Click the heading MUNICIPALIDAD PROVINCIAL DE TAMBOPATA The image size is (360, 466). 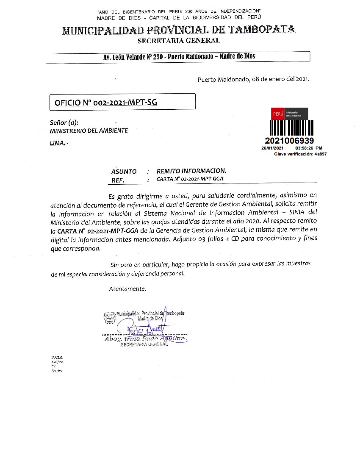[x=179, y=31]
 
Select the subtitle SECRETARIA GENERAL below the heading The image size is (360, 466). [x=179, y=41]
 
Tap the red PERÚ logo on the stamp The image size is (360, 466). [x=278, y=114]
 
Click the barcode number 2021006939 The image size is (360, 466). [x=290, y=141]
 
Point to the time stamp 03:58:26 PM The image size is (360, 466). [x=309, y=148]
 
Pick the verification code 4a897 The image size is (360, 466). [x=320, y=154]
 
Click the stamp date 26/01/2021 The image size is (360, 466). [x=272, y=148]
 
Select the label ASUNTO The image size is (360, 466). [x=124, y=172]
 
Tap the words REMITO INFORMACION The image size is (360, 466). [x=191, y=171]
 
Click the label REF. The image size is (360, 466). [x=117, y=180]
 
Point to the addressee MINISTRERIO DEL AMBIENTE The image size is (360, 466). [x=89, y=131]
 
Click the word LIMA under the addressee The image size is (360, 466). [x=57, y=143]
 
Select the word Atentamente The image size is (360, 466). [x=127, y=289]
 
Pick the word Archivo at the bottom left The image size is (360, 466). [x=57, y=370]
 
